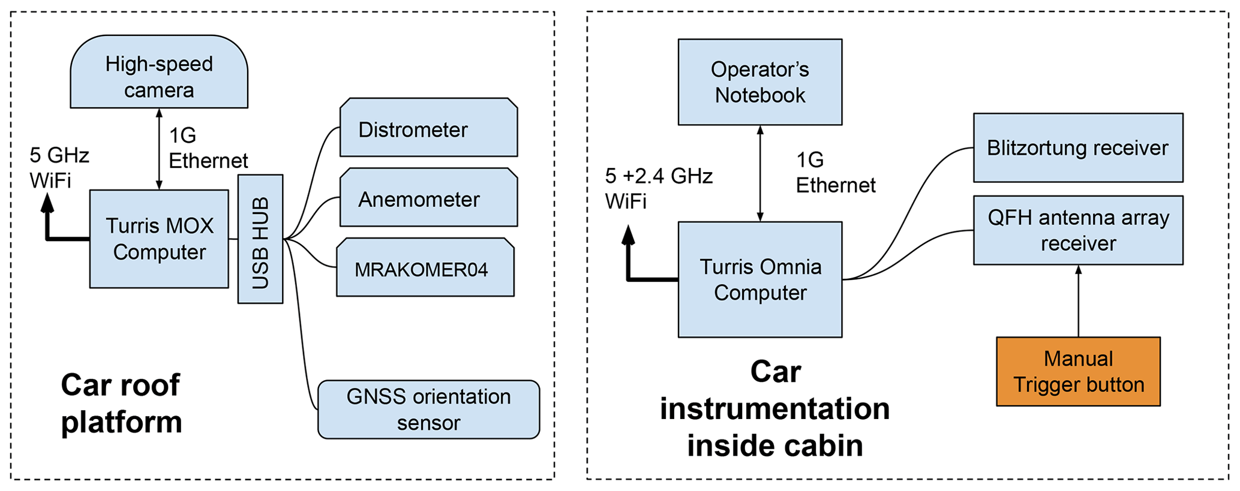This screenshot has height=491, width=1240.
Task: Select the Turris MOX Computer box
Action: tap(159, 239)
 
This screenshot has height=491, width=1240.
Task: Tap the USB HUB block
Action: tap(260, 239)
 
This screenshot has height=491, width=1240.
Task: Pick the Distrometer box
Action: tap(428, 128)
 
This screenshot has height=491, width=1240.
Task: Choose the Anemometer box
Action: tap(428, 198)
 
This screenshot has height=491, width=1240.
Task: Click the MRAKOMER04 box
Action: tap(425, 268)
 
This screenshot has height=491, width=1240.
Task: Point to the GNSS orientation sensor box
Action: tap(428, 409)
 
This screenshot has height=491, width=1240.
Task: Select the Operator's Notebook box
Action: tap(759, 82)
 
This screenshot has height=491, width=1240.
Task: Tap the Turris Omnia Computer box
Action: tap(759, 279)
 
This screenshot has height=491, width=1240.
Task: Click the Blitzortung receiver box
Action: tap(1077, 147)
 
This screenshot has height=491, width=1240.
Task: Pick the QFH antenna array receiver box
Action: tap(1077, 230)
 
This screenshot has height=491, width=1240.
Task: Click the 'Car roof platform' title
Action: tap(121, 403)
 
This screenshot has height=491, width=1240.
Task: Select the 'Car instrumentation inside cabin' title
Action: tap(774, 409)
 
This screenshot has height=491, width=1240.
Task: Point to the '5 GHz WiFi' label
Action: tap(59, 167)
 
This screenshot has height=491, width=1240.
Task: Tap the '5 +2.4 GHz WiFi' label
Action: tap(658, 188)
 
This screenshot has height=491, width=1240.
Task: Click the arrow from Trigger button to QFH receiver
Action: tap(1078, 301)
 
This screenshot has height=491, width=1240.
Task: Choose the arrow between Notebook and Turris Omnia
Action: tap(760, 173)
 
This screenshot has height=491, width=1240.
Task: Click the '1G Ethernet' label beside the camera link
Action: tap(208, 148)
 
